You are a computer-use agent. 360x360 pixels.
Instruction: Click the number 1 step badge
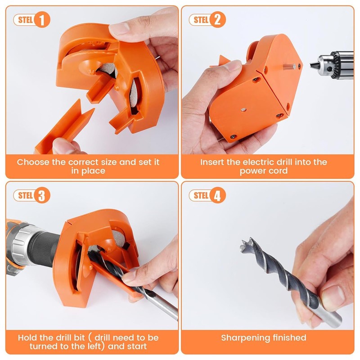coord(42,20)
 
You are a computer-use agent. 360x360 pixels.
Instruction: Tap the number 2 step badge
coord(217,20)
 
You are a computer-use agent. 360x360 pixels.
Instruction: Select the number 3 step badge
coord(42,195)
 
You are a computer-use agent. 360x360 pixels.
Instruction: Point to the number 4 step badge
coord(217,195)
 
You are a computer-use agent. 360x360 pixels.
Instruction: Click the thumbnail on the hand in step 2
coord(233,66)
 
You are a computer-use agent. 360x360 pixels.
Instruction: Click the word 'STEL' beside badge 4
coord(200,195)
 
